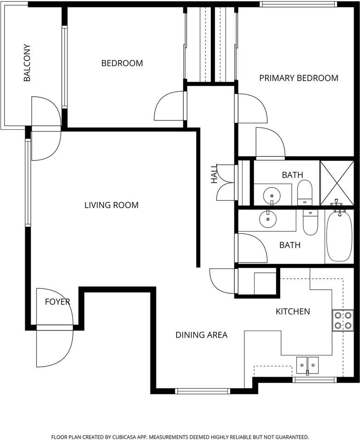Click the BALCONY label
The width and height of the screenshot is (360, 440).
tap(27, 63)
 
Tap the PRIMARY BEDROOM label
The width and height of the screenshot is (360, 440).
tap(299, 78)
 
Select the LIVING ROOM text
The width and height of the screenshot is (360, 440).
tap(111, 205)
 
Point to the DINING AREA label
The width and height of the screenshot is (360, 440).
tap(201, 335)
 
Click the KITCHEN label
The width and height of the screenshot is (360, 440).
tap(293, 312)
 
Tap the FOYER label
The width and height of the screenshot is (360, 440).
tap(57, 302)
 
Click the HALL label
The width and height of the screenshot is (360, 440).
tap(214, 174)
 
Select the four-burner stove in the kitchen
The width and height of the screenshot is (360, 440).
tap(343, 320)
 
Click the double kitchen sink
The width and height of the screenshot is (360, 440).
tap(307, 365)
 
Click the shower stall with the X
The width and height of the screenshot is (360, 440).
tap(337, 183)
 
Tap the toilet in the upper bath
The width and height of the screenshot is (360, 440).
tap(305, 193)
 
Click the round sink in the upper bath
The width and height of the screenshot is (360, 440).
tap(271, 196)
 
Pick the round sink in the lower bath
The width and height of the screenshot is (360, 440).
tap(268, 219)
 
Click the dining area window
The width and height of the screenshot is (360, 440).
tap(202, 391)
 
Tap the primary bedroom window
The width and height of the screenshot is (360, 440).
tap(298, 4)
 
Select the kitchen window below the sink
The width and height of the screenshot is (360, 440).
tap(315, 379)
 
